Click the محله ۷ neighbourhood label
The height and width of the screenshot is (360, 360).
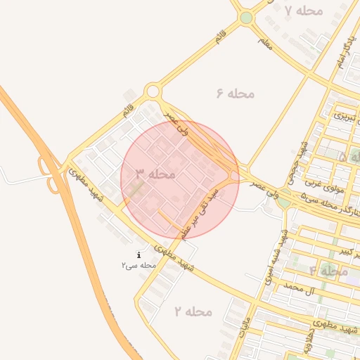pos(304,11)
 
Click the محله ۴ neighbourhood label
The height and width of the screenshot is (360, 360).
pos(328,271)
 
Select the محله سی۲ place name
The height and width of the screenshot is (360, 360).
pos(138,265)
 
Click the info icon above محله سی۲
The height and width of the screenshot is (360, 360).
pos(139,255)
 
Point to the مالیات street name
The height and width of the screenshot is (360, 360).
pos(243,330)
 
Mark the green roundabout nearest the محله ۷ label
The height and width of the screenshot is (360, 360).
pos(245,18)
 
